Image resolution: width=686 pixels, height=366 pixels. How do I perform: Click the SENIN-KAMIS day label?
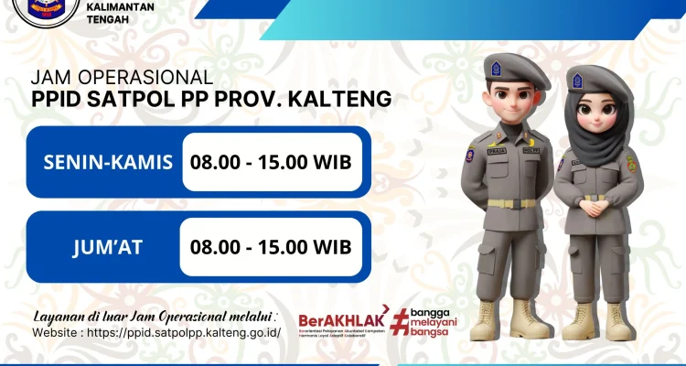[108, 164]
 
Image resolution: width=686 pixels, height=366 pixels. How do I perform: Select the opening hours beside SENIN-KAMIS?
[271, 164]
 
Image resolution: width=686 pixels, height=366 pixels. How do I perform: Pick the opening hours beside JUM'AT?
[271, 247]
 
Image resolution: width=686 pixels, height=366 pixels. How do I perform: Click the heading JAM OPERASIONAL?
[122, 78]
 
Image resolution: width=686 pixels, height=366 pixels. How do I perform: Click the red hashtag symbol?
[399, 321]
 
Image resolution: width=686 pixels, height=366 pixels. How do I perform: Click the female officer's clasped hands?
[595, 206]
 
